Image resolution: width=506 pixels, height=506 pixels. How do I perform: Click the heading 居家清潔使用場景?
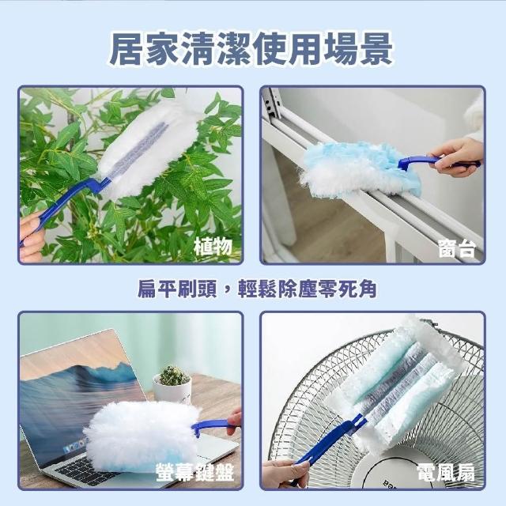pyautogui.click(x=251, y=49)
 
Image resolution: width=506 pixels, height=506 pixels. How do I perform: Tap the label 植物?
pyautogui.click(x=213, y=247)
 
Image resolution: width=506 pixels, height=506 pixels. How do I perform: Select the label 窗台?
pyautogui.click(x=457, y=249)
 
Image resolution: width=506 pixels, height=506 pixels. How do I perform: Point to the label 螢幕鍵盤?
pyautogui.click(x=195, y=473)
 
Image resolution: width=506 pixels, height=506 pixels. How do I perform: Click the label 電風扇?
pyautogui.click(x=446, y=473)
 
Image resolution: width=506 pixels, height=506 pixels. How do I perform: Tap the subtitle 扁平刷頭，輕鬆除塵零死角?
pyautogui.click(x=257, y=288)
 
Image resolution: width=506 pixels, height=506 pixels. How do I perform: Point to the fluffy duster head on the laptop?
pyautogui.click(x=142, y=436)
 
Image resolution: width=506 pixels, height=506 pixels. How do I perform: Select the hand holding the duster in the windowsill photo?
pyautogui.click(x=459, y=157)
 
